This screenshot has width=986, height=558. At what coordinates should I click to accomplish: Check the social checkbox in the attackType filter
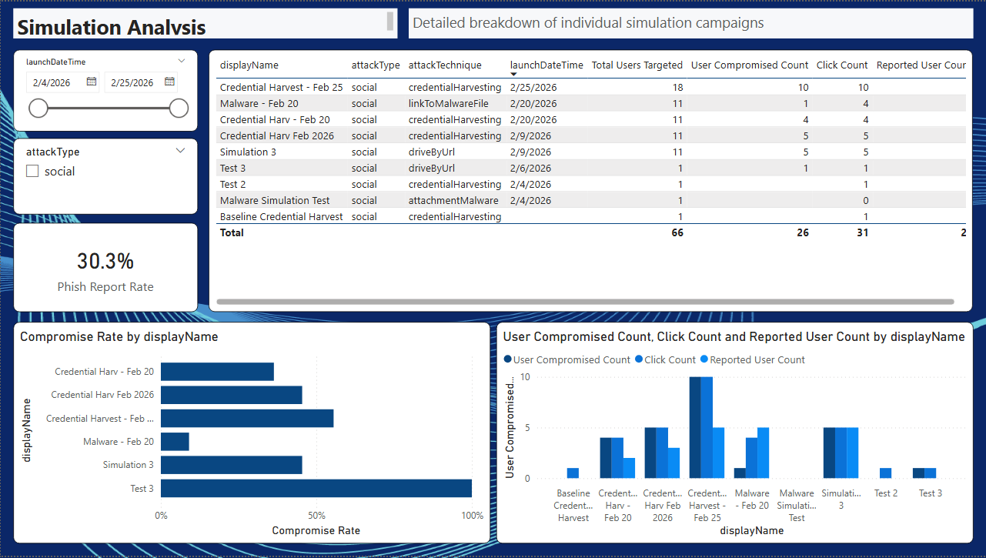[32, 172]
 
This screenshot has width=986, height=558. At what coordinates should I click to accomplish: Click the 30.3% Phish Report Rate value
[105, 262]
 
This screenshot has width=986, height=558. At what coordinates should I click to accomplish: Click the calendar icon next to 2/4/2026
[92, 82]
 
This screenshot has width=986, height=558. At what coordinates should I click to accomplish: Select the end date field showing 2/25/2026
[132, 82]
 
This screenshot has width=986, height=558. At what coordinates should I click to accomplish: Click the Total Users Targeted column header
[637, 65]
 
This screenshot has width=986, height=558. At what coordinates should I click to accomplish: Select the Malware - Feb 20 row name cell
[259, 104]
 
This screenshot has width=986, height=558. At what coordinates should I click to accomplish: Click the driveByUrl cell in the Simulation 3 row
[431, 152]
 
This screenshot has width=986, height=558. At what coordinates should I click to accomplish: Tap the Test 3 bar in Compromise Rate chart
[316, 488]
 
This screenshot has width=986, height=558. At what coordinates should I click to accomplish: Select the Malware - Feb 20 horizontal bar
[175, 442]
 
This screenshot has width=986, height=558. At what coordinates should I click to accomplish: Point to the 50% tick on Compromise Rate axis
[316, 515]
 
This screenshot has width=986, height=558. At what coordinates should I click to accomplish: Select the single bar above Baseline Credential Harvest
[573, 473]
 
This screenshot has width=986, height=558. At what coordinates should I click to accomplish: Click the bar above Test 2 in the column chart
[885, 473]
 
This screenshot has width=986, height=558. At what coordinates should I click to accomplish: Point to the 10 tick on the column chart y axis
[525, 377]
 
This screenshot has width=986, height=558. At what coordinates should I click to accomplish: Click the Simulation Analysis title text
[112, 28]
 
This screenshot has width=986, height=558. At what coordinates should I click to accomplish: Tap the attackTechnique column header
[445, 65]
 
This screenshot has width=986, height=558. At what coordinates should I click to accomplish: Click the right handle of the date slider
[179, 109]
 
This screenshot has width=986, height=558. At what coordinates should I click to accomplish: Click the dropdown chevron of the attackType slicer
[180, 151]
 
